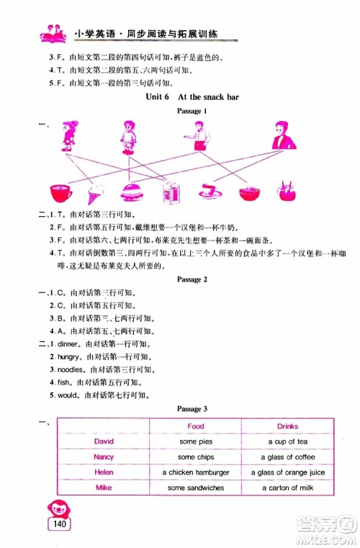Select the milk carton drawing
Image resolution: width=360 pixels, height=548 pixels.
pyautogui.click(x=171, y=192)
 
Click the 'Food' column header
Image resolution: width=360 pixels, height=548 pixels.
pyautogui.click(x=195, y=426)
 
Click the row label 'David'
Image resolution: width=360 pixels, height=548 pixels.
pyautogui.click(x=104, y=441)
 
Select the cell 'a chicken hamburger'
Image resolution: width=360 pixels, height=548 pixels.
pyautogui.click(x=195, y=472)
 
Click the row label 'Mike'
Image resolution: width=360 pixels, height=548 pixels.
pyautogui.click(x=104, y=488)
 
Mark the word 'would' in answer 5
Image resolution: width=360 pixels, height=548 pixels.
pyautogui.click(x=60, y=395)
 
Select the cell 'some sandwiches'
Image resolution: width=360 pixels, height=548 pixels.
pyautogui.click(x=195, y=488)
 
